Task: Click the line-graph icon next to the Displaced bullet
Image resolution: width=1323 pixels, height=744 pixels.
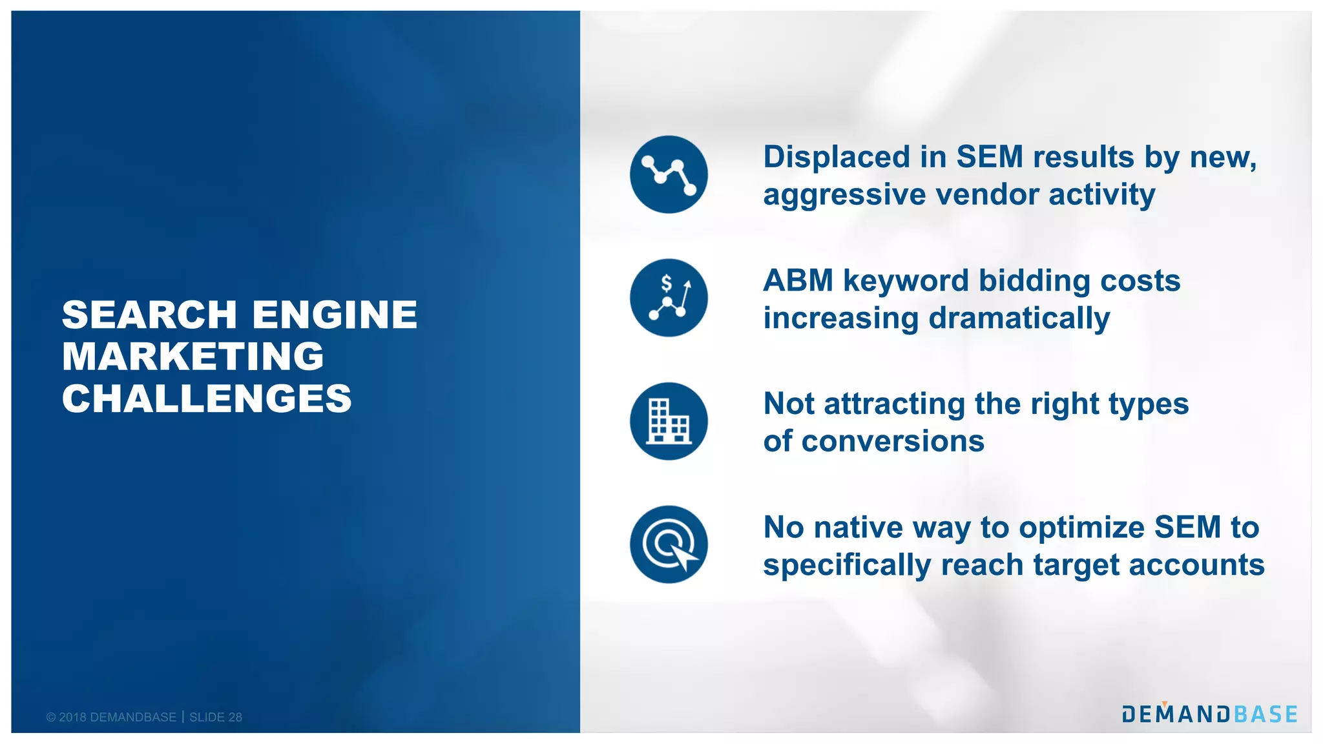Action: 669,174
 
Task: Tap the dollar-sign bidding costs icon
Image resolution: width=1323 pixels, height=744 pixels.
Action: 669,298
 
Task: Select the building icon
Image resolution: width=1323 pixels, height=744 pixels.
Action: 669,421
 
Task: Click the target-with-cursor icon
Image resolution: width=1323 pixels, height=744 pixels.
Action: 669,544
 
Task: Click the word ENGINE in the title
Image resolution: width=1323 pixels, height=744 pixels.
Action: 335,315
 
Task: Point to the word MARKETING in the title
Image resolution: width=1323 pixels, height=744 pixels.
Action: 193,356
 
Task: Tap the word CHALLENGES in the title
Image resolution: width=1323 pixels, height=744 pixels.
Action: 207,398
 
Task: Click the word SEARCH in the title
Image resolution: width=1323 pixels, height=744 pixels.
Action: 150,315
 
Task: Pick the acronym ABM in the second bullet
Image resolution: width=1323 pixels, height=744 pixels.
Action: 798,281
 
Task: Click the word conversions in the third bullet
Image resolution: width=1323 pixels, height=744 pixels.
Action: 893,442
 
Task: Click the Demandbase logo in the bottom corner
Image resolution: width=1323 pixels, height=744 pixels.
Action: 1209,714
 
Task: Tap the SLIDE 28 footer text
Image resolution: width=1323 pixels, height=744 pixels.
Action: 216,717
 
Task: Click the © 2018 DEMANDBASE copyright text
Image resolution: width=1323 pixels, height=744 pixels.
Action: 111,717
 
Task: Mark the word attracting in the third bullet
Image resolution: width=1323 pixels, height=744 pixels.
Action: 894,404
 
